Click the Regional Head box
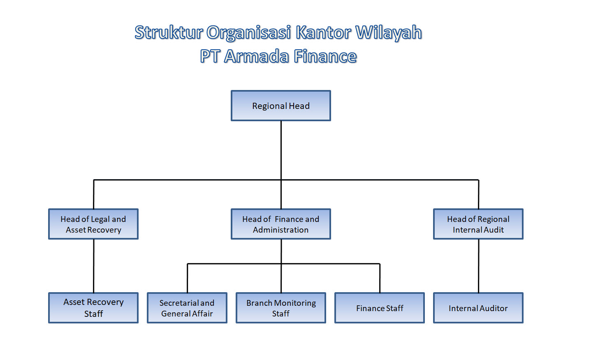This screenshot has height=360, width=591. (281, 106)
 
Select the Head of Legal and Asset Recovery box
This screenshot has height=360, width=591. (93, 224)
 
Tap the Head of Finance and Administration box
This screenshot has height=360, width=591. (281, 224)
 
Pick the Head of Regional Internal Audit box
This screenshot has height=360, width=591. (478, 224)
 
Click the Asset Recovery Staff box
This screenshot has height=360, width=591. (93, 308)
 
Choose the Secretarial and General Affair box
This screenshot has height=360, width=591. (187, 308)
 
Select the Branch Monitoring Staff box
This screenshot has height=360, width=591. (281, 308)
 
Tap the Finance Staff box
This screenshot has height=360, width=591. (380, 308)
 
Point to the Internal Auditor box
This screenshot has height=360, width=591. (478, 308)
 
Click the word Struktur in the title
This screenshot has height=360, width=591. (169, 33)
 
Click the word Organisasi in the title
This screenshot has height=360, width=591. (249, 33)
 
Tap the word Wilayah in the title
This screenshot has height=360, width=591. (389, 33)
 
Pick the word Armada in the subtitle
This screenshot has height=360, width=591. (256, 56)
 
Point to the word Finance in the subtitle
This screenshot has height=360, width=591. (325, 56)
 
